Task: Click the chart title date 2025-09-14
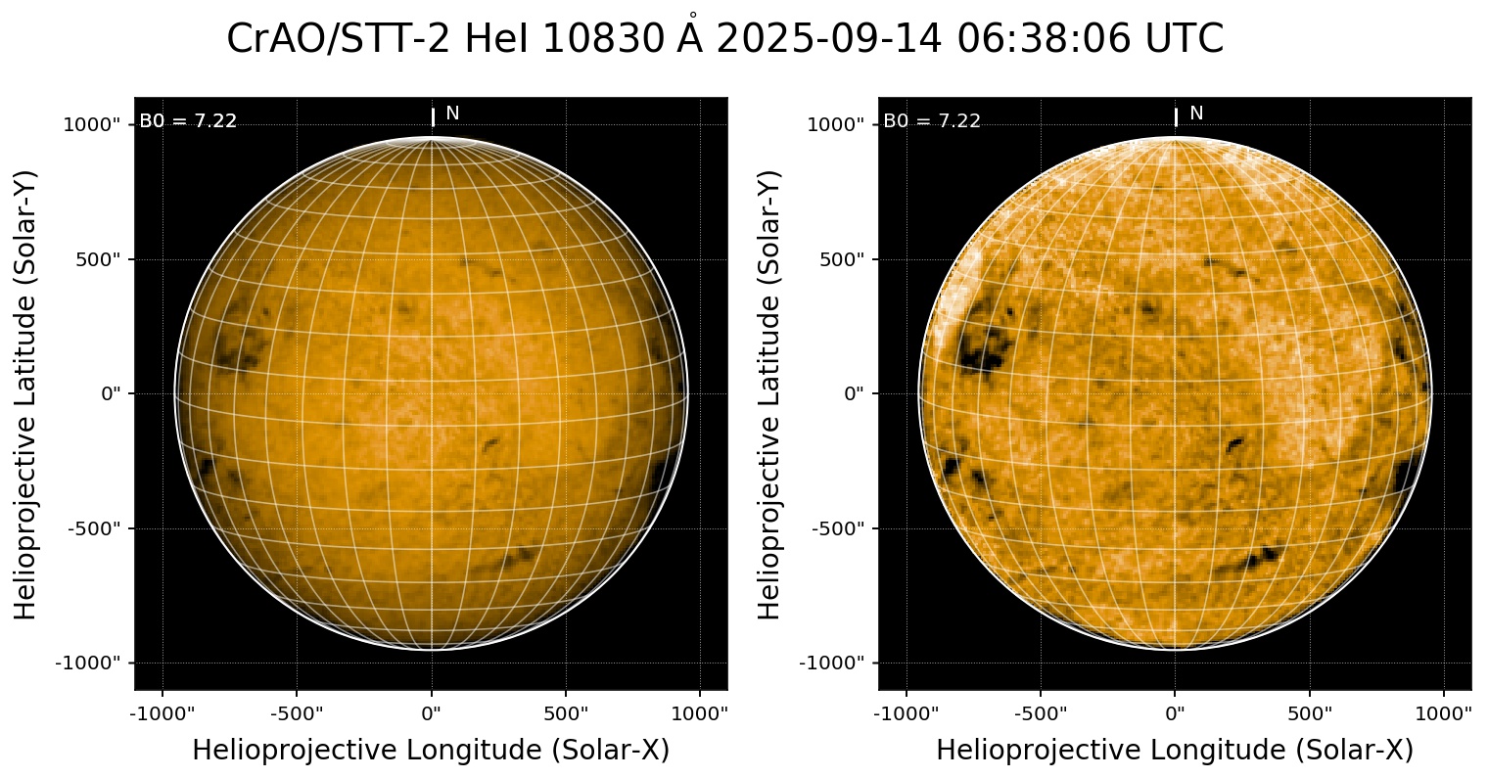click(x=829, y=39)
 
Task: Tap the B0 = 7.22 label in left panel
click(x=188, y=121)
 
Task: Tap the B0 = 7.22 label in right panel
click(x=932, y=121)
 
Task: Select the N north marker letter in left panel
click(x=452, y=114)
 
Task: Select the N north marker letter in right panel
click(x=1196, y=114)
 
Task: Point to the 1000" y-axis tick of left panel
click(x=95, y=124)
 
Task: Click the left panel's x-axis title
click(x=431, y=750)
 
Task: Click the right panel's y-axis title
click(x=770, y=393)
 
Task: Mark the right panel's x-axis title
click(x=1175, y=750)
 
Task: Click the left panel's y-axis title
click(x=26, y=393)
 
